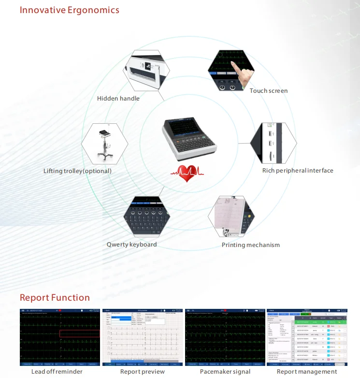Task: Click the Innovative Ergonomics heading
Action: coord(70,10)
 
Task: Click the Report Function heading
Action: coord(55,297)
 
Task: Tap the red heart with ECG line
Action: coord(186,173)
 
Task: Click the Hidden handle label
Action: coord(118,99)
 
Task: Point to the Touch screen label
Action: coord(268,91)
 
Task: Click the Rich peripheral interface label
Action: coord(298,171)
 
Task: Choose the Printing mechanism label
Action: coord(250,245)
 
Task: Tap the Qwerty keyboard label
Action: coord(131,245)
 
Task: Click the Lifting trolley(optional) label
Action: coord(77,171)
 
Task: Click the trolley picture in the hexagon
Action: coord(104,145)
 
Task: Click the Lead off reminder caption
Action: coord(57,372)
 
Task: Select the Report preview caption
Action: coord(142,372)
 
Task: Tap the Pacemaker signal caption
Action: coord(225,372)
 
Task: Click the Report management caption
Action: coord(307,372)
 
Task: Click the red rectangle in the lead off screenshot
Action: coord(79,333)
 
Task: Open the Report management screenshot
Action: coord(307,337)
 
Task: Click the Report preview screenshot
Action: coord(143,337)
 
